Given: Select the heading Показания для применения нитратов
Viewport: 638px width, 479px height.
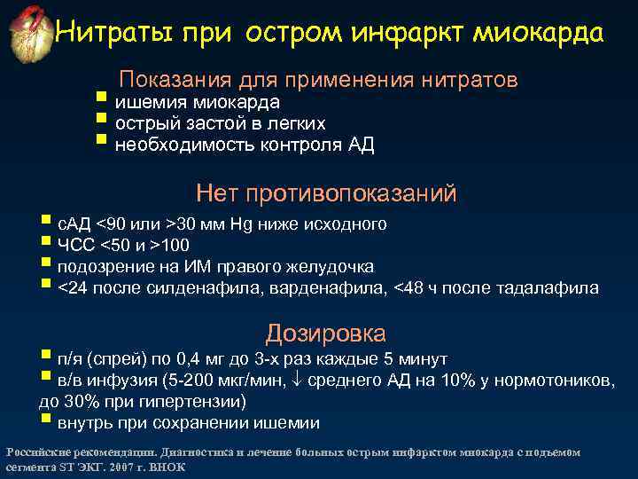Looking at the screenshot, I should click(x=319, y=80).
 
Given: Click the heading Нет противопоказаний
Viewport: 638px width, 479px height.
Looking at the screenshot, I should click(x=326, y=192).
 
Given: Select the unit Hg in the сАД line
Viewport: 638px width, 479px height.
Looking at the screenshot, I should click(x=244, y=223).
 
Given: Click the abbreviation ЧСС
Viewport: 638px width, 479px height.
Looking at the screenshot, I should click(x=74, y=245).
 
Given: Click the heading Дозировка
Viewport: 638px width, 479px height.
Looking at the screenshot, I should click(x=326, y=334).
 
